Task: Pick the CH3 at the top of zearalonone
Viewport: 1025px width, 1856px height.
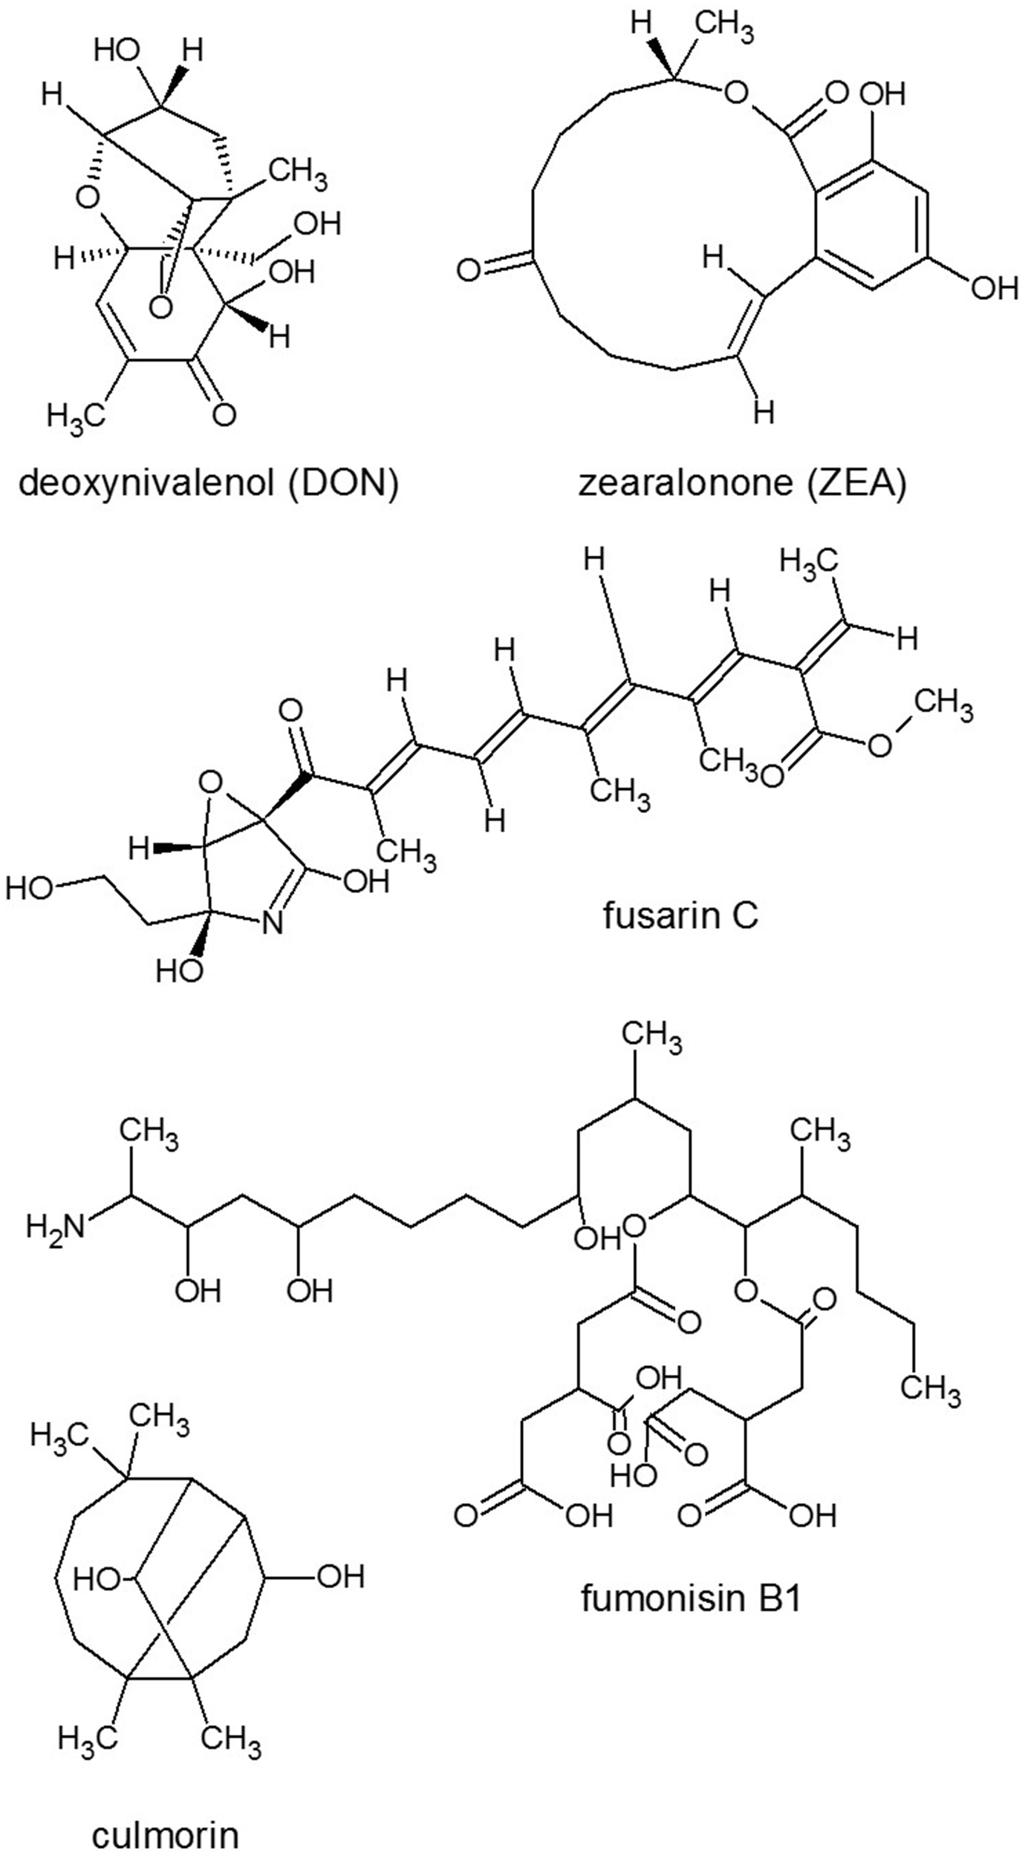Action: click(726, 27)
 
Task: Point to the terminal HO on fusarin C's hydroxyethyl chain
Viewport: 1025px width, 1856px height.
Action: click(29, 889)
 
